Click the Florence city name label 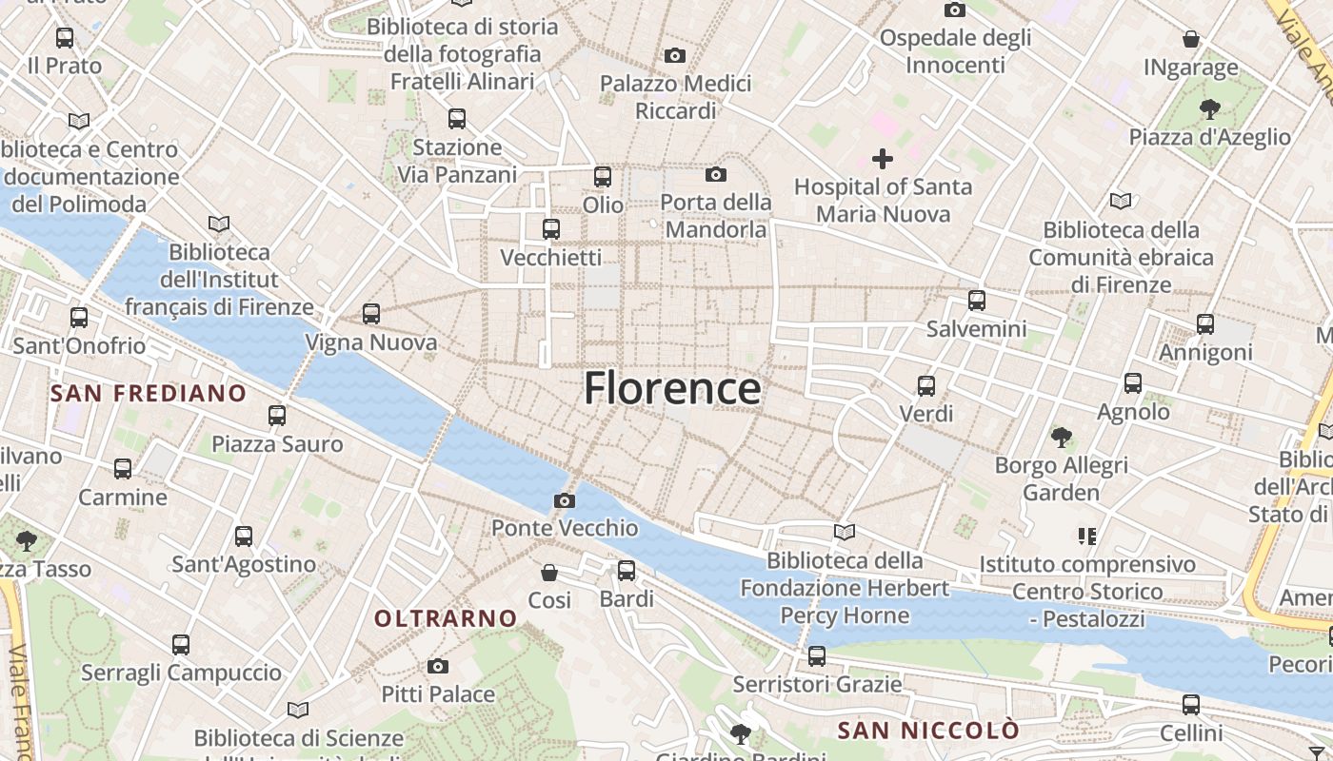tap(672, 388)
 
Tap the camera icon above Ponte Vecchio tap(565, 500)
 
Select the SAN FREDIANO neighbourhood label tap(149, 393)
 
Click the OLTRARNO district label tap(446, 618)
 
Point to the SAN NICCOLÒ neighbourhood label tap(928, 731)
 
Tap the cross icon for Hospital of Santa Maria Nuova tap(883, 158)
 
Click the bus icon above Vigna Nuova tap(371, 313)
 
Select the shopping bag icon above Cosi tap(549, 572)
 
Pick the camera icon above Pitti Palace tap(438, 666)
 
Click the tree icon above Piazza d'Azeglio tap(1209, 108)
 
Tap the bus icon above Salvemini tap(977, 301)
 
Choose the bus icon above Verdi tap(926, 386)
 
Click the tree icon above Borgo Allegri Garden tap(1062, 438)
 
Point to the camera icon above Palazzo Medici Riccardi tap(675, 55)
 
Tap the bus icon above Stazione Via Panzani tap(457, 119)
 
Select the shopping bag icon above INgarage tap(1190, 39)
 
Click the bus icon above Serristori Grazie tap(817, 655)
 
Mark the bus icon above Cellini tap(1191, 705)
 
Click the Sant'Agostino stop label tap(244, 564)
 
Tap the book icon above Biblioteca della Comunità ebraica tap(1121, 201)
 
